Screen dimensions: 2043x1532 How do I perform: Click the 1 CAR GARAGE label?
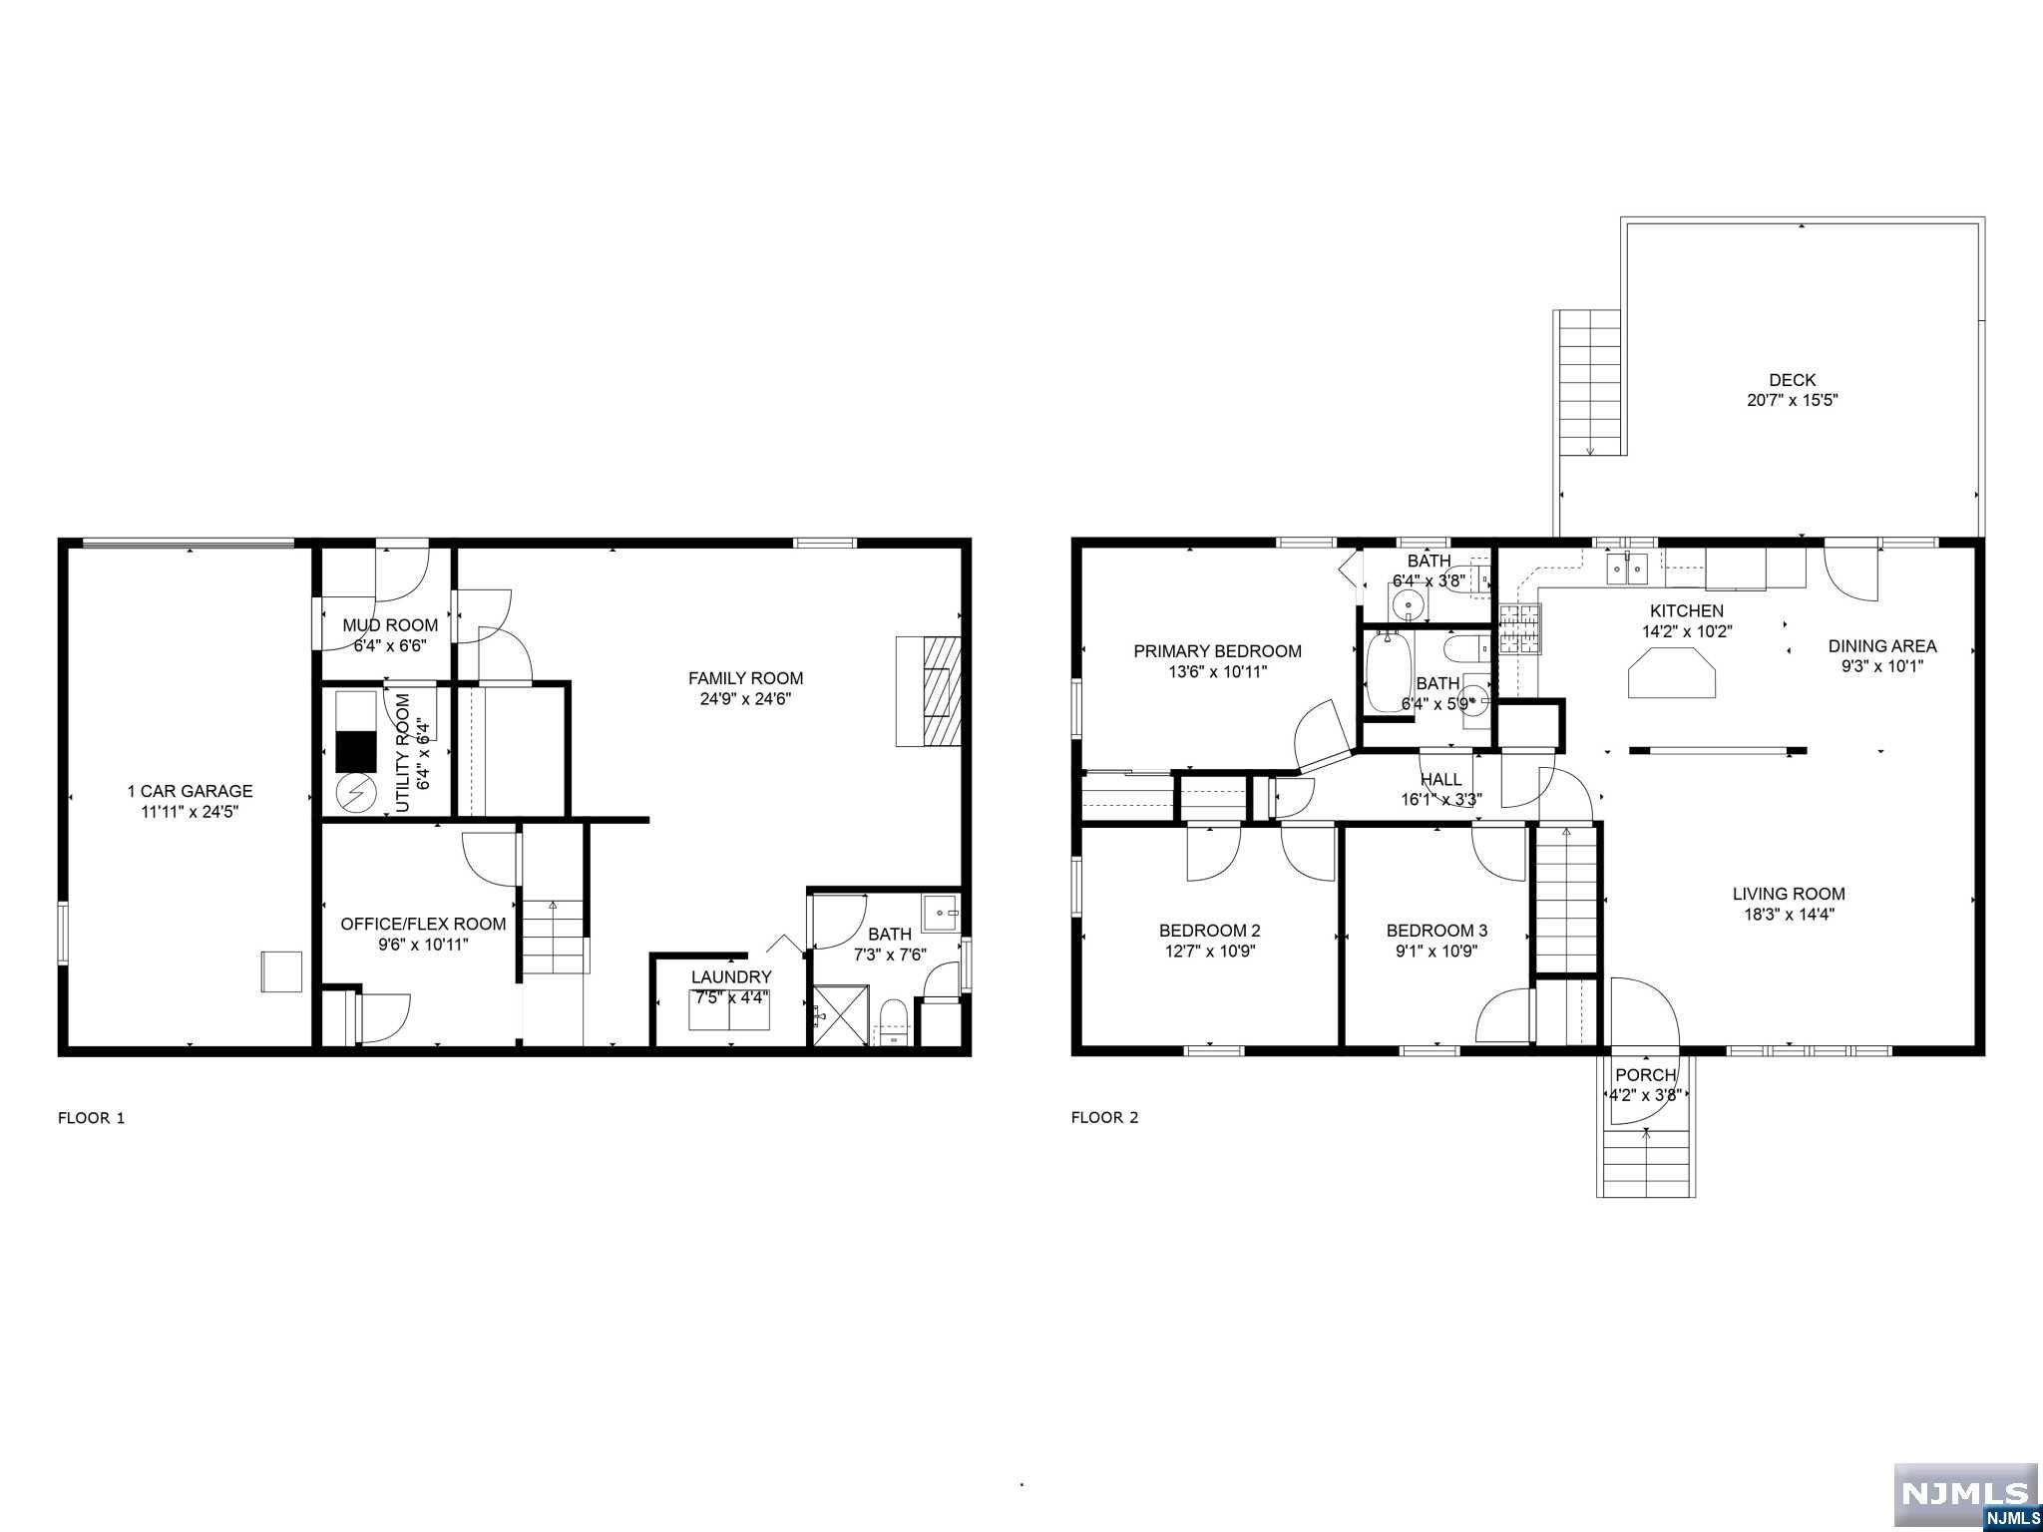pyautogui.click(x=190, y=791)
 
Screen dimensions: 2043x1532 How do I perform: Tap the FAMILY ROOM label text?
pyautogui.click(x=745, y=678)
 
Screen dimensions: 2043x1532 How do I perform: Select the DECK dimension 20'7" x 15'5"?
pyautogui.click(x=1792, y=400)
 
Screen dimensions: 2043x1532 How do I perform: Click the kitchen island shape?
pyautogui.click(x=1673, y=671)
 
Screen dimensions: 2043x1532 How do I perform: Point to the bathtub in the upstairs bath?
pyautogui.click(x=1387, y=670)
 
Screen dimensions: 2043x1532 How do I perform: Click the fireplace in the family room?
pyautogui.click(x=928, y=691)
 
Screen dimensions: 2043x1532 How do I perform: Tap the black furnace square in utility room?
pyautogui.click(x=355, y=751)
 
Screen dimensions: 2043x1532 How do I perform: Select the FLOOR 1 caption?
pyautogui.click(x=92, y=1118)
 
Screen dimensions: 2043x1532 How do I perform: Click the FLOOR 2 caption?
pyautogui.click(x=1104, y=1117)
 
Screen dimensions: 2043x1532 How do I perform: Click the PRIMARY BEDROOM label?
pyautogui.click(x=1217, y=651)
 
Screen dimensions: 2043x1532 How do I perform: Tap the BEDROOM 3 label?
pyautogui.click(x=1436, y=931)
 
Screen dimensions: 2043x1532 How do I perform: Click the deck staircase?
pyautogui.click(x=1589, y=383)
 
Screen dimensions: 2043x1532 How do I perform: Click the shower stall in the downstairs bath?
pyautogui.click(x=841, y=1014)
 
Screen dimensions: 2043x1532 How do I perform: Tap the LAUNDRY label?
pyautogui.click(x=731, y=977)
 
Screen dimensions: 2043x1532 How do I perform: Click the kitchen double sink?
pyautogui.click(x=1626, y=571)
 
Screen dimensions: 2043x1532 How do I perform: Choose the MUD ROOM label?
pyautogui.click(x=390, y=625)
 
